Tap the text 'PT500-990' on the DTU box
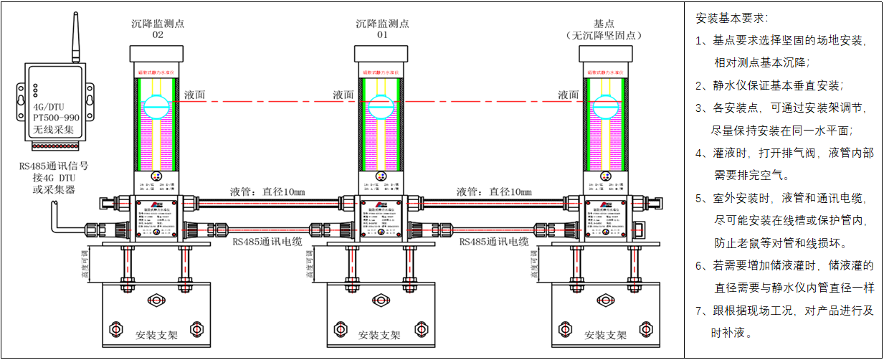tap(56, 116)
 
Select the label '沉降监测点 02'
tap(158, 29)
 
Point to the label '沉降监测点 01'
tap(382, 29)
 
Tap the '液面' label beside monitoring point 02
tap(195, 95)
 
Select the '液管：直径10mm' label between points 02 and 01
tap(267, 191)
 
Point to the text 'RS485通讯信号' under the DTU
tap(54, 166)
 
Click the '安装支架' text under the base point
tap(606, 335)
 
